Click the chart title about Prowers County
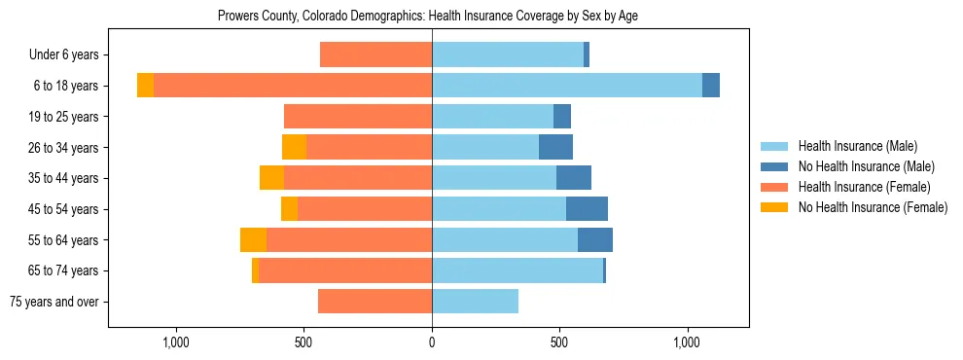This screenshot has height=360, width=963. pyautogui.click(x=428, y=17)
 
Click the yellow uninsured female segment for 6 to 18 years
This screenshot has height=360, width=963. pyautogui.click(x=145, y=86)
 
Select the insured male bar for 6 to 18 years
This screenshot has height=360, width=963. pyautogui.click(x=567, y=86)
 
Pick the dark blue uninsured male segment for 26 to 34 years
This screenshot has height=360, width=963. pyautogui.click(x=555, y=147)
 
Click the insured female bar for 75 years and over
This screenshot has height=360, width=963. pyautogui.click(x=374, y=302)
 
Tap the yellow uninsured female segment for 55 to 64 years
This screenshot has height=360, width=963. pyautogui.click(x=253, y=240)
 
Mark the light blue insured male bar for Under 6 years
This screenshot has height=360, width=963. pyautogui.click(x=508, y=55)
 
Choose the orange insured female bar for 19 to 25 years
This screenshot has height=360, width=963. pyautogui.click(x=358, y=117)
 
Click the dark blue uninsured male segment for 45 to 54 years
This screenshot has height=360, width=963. pyautogui.click(x=587, y=209)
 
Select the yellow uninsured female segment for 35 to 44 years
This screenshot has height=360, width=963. pyautogui.click(x=271, y=178)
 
